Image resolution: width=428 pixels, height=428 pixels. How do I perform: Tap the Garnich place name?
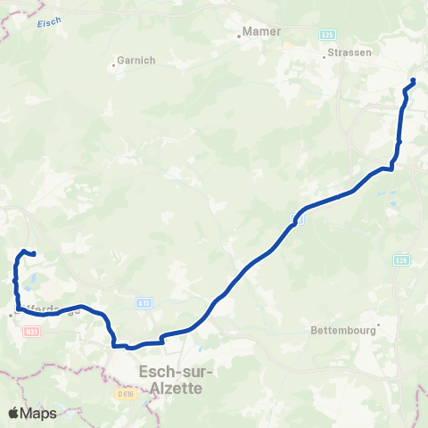(x=136, y=62)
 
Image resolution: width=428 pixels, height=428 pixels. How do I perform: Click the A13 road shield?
(x=143, y=303)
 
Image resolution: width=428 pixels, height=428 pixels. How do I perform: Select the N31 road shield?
(x=32, y=331)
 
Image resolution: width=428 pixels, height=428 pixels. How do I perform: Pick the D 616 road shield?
(x=124, y=392)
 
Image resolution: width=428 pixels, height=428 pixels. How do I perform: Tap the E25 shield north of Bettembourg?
(x=401, y=259)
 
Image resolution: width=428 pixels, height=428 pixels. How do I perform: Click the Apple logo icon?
(x=14, y=413)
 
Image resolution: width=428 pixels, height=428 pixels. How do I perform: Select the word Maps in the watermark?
(x=38, y=413)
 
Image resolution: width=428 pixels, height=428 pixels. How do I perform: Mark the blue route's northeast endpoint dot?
(x=413, y=82)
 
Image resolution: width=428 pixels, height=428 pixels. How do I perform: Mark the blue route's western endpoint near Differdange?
(x=33, y=254)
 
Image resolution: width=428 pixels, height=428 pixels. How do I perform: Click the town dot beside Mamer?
(x=241, y=37)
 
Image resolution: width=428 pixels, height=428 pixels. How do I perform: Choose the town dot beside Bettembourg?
(x=378, y=325)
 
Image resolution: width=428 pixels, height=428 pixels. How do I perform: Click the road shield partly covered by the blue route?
(x=300, y=219)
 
